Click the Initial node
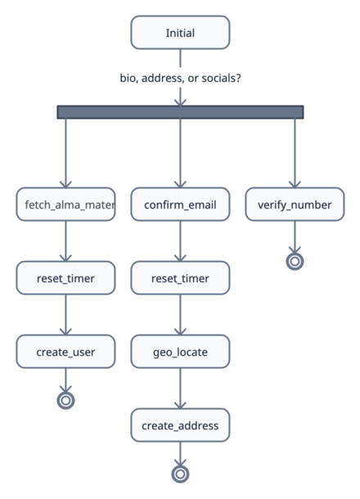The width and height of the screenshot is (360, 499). point(180,33)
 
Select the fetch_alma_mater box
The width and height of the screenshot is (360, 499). point(65,205)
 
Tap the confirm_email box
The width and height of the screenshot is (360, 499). point(180,205)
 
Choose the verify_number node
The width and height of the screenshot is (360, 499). point(295,205)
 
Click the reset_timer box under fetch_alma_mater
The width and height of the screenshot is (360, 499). point(65,278)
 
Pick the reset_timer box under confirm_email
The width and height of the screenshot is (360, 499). point(180,278)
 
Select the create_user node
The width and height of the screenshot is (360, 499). point(65,352)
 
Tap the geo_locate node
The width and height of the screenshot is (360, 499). point(180,352)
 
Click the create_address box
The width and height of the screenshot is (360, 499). point(180,425)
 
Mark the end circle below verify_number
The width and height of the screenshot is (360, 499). point(295,261)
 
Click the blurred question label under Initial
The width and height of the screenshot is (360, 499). point(180,79)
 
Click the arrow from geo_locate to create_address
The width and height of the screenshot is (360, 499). point(180,389)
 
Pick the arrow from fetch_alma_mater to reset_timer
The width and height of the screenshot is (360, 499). point(65,241)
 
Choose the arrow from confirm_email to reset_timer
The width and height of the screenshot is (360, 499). point(180,241)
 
